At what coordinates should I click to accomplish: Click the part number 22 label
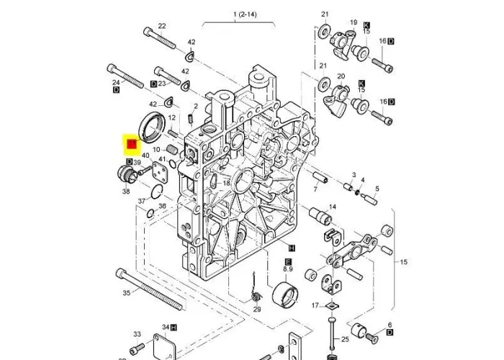[162, 27]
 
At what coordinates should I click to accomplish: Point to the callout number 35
[127, 293]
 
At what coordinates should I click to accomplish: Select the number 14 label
[332, 207]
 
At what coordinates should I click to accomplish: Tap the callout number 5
[377, 189]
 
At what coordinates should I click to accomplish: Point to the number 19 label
[354, 23]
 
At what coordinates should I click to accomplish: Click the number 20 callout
[341, 76]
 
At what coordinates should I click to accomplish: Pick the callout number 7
[315, 189]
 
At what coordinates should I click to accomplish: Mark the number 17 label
[315, 306]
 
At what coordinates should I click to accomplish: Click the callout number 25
[345, 339]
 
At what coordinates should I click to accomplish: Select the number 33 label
[137, 334]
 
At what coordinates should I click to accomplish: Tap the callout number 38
[126, 192]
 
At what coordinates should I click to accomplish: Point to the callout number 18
[226, 184]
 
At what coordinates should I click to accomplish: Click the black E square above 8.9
[288, 260]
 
